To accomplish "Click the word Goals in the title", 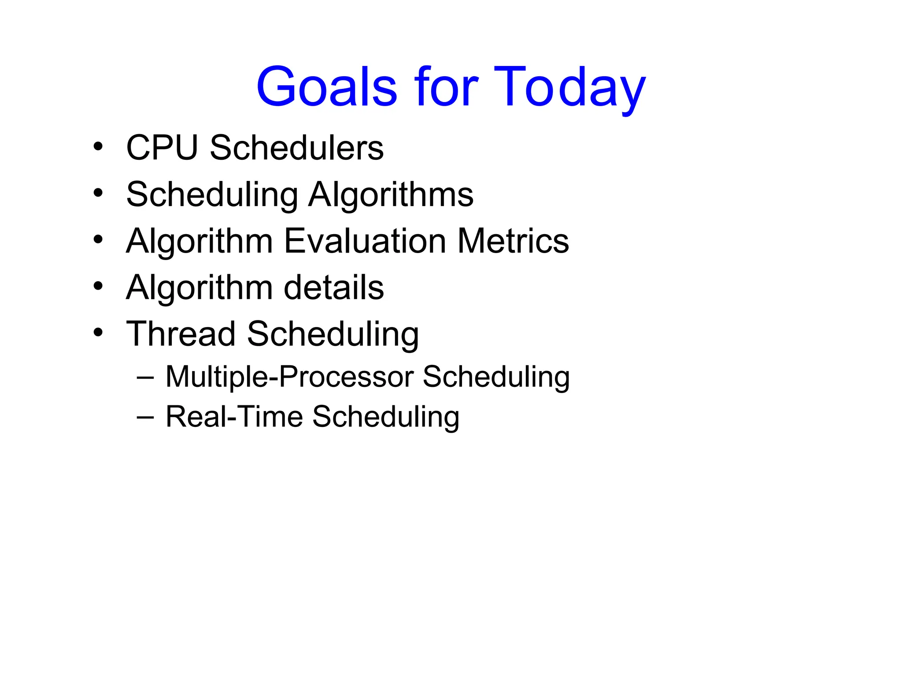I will coord(327,87).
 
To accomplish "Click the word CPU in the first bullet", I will coord(162,148).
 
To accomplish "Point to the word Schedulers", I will coord(296,148).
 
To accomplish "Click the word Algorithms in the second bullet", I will coord(391,195).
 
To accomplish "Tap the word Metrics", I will coord(513,241).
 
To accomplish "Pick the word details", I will coord(333,288).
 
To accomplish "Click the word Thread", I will coord(181,334).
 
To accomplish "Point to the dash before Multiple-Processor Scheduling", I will coord(145,378).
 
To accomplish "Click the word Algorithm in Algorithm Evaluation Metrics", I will coord(200,242).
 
